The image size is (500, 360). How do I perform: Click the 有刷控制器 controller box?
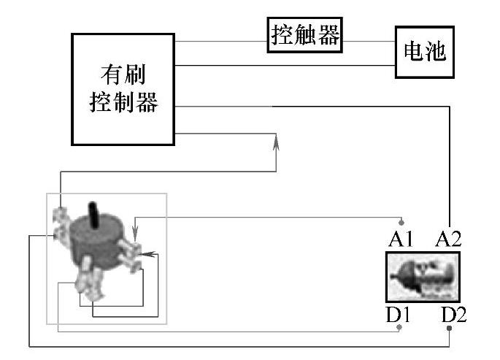pos(123,88)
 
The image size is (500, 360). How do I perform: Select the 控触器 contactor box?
pos(306,34)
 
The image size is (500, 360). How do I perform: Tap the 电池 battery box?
pos(424,52)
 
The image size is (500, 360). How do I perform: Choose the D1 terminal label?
pos(399,315)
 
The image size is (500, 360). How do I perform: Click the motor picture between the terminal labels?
pos(423,277)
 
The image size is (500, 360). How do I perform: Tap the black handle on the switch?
pos(93,212)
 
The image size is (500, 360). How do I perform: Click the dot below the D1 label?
pos(399,328)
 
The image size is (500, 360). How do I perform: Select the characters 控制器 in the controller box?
pos(123,103)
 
